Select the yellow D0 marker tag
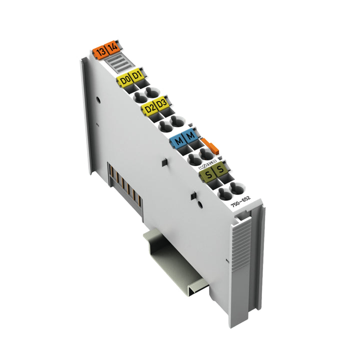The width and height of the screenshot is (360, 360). coord(124,79)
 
